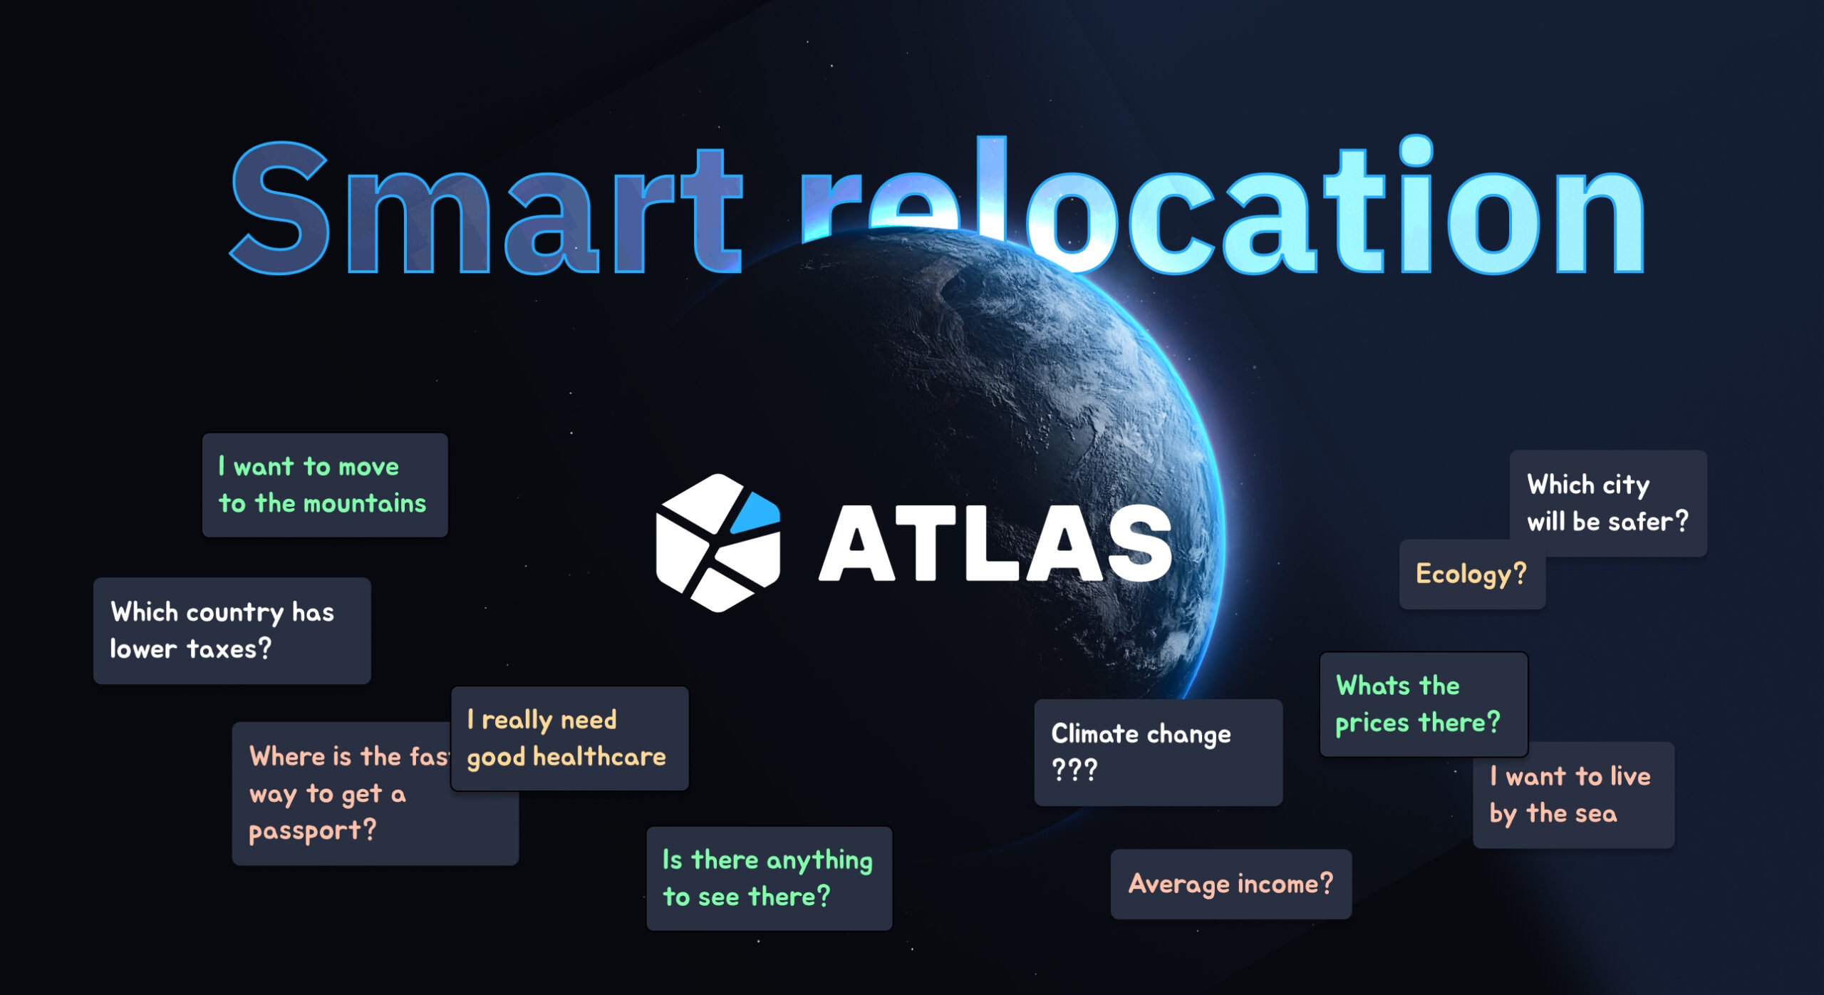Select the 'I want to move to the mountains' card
coord(325,485)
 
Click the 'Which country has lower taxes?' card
coord(232,631)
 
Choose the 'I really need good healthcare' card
coord(570,738)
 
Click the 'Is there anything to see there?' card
coord(769,878)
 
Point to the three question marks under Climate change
coord(1074,770)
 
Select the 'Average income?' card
coord(1230,884)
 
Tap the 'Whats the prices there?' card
coord(1423,704)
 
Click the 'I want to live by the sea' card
coord(1573,795)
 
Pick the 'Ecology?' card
coord(1471,574)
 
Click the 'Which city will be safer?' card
coord(1607,503)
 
